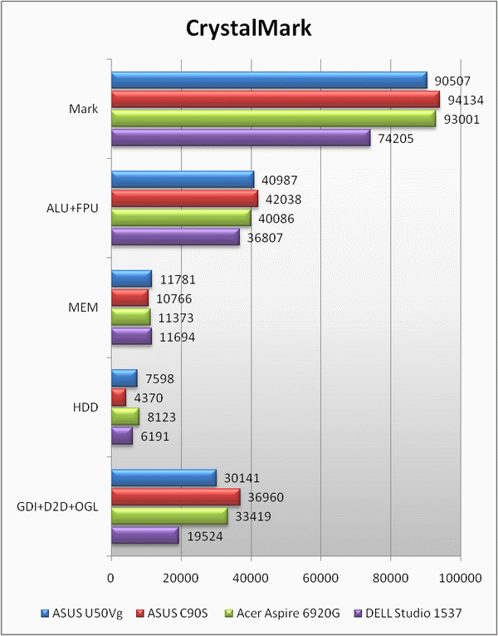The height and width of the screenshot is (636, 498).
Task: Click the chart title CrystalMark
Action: click(x=248, y=28)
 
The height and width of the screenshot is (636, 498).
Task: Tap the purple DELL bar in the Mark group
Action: click(x=241, y=138)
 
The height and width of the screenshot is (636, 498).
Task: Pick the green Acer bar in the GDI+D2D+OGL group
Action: click(x=169, y=516)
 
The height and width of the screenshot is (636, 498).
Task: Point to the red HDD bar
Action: click(x=119, y=397)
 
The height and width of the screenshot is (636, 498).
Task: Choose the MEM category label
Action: click(x=84, y=308)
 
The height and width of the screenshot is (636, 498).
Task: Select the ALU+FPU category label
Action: click(x=71, y=208)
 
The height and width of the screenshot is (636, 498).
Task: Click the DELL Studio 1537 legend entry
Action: click(x=411, y=614)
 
